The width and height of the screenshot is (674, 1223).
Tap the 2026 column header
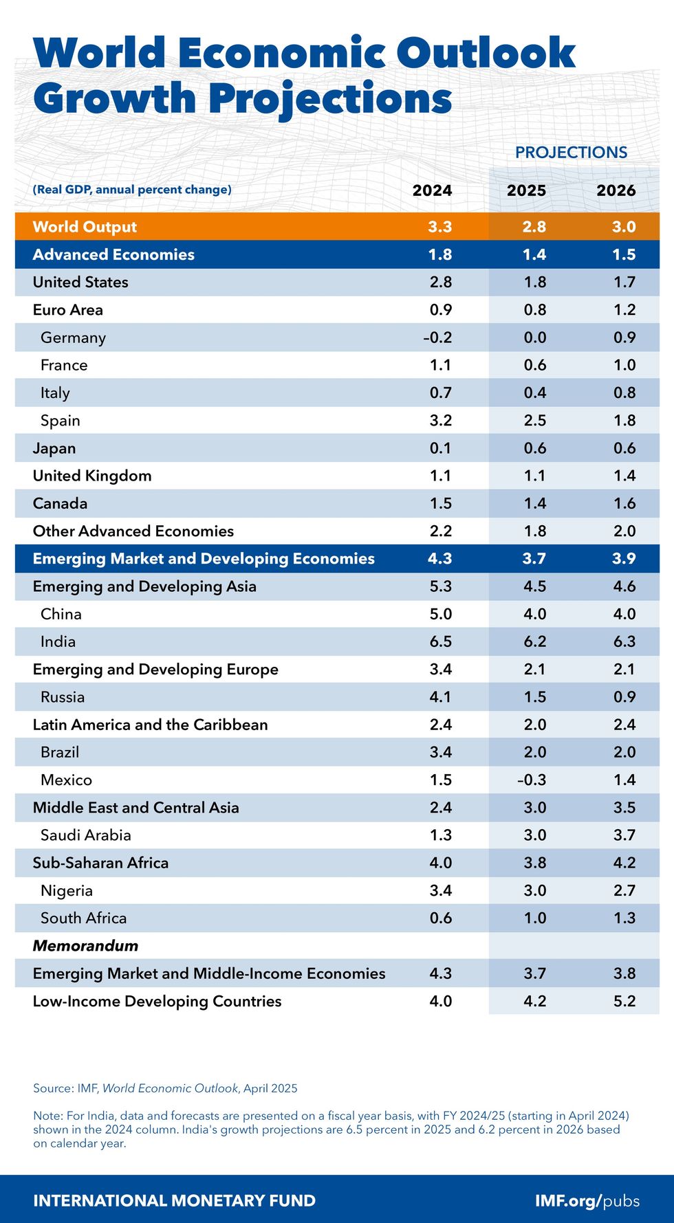point(616,190)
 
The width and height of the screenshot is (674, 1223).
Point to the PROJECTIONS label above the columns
point(571,153)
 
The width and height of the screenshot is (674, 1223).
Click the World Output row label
point(85,227)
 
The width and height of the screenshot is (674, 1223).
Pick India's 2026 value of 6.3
point(624,641)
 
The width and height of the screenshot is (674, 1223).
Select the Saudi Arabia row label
point(85,835)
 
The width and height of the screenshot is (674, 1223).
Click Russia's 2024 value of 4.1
point(440,697)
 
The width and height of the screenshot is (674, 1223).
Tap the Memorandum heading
point(85,946)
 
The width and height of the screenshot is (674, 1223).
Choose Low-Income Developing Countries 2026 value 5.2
point(624,1001)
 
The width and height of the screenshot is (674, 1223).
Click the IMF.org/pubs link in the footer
point(587,1201)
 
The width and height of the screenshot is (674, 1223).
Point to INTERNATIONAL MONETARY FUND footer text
point(174,1201)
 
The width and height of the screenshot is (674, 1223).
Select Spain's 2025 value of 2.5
point(534,421)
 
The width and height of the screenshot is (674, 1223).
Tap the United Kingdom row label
point(92,476)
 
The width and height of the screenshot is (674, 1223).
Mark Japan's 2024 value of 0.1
point(440,448)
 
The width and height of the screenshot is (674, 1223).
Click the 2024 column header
point(432,190)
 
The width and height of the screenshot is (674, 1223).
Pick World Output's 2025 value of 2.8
point(534,227)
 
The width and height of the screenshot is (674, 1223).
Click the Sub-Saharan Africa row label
point(100,863)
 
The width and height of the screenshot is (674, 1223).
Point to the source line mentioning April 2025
point(165,1088)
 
